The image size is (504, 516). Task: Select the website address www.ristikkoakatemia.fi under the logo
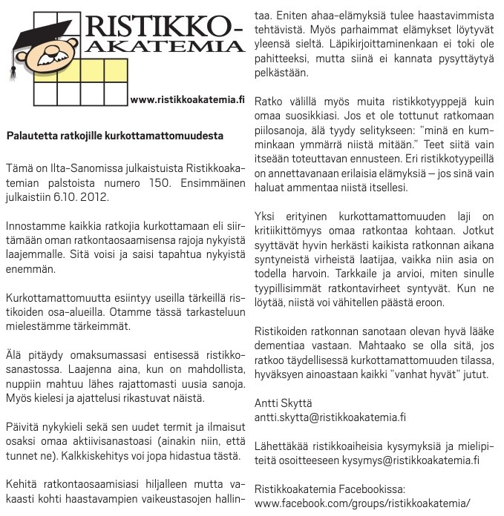point(187,99)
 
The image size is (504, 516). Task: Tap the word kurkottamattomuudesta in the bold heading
point(171,136)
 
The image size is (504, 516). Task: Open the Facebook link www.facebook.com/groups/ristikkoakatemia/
point(362,504)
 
